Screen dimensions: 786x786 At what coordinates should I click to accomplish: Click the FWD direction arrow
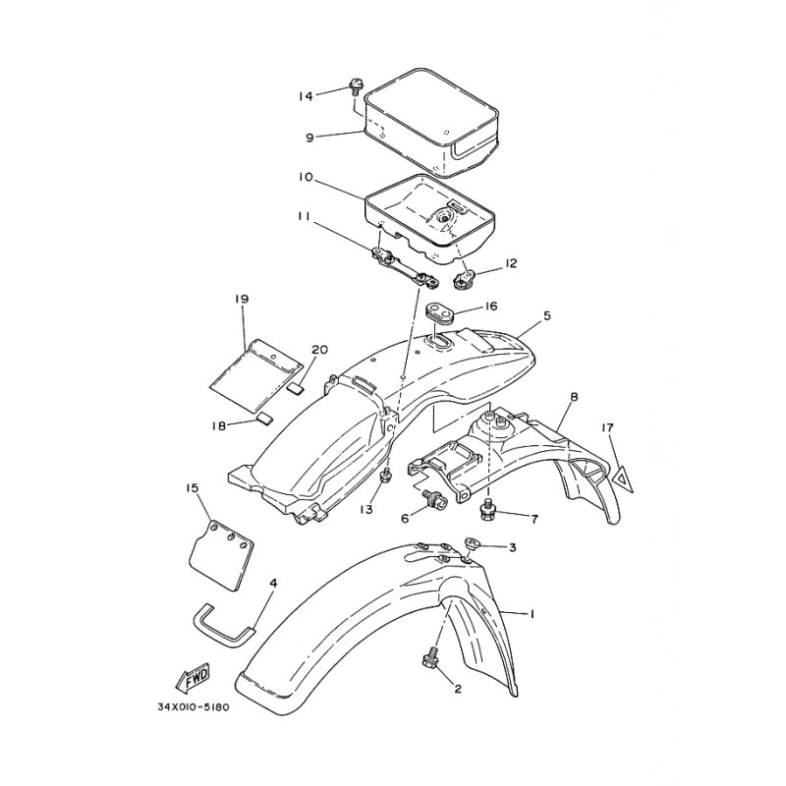tap(192, 679)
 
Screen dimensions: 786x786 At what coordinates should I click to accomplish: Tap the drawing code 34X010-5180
tap(193, 707)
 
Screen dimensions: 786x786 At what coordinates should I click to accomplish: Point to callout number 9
tap(310, 137)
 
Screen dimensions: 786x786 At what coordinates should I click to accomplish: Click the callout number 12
tap(511, 262)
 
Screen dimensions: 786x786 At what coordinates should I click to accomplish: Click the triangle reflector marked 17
tap(621, 477)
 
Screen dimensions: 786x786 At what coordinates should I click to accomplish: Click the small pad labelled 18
tap(265, 419)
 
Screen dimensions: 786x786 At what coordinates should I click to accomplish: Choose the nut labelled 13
tap(386, 475)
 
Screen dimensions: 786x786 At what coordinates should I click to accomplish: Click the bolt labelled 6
tap(436, 499)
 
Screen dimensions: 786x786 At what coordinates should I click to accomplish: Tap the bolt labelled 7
tap(486, 510)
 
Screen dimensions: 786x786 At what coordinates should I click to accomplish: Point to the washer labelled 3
tap(472, 543)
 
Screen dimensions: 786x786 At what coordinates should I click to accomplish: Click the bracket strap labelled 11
tap(405, 268)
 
